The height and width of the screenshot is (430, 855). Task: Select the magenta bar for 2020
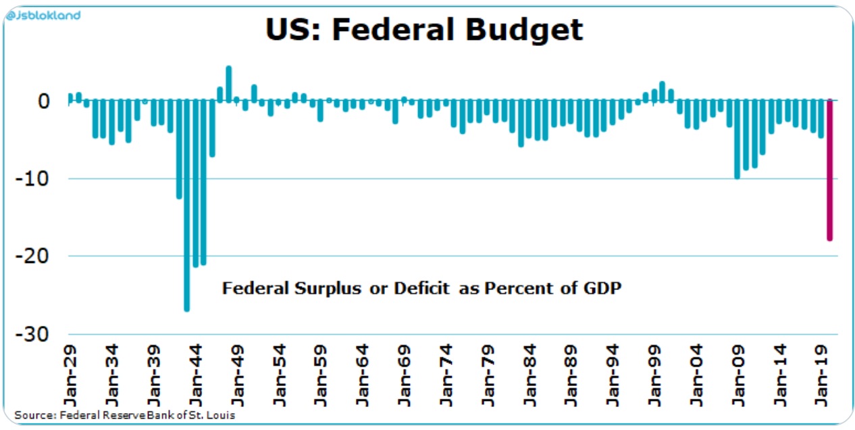829,169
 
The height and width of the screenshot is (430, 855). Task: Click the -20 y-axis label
36,256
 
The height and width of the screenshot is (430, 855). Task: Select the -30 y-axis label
36,334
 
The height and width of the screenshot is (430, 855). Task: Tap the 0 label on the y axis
44,101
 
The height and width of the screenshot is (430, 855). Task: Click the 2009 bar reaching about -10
737,139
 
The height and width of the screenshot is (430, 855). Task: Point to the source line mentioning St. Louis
125,414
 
